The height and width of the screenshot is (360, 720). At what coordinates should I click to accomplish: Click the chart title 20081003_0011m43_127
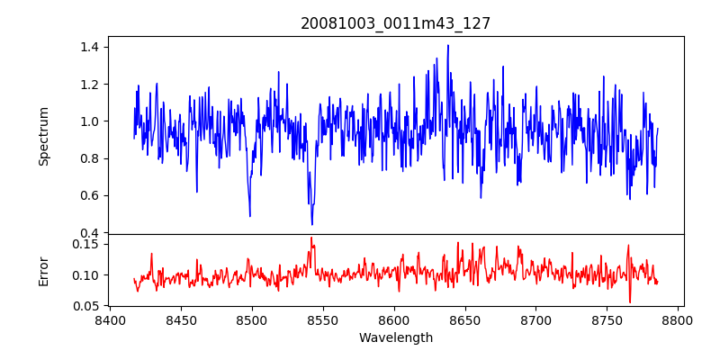(x=396, y=23)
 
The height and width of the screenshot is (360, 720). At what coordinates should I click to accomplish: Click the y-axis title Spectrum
(x=43, y=136)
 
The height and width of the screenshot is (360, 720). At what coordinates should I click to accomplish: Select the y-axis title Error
(x=43, y=270)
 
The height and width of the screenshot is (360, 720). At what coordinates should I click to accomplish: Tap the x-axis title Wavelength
(x=396, y=338)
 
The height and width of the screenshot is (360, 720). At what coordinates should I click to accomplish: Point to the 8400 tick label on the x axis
(x=110, y=320)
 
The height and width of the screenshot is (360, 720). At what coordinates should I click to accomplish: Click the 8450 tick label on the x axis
(x=181, y=320)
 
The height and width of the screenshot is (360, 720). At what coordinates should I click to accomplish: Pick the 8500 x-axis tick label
(x=252, y=320)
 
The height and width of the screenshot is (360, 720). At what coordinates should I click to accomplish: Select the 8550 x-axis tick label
(x=323, y=320)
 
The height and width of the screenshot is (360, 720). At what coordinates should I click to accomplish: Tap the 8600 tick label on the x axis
(x=394, y=320)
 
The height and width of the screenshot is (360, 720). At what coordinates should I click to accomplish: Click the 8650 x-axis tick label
(x=465, y=320)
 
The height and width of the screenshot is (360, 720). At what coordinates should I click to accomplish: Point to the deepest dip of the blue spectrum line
(x=312, y=224)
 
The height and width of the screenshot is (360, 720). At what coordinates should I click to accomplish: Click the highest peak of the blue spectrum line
(x=447, y=46)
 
